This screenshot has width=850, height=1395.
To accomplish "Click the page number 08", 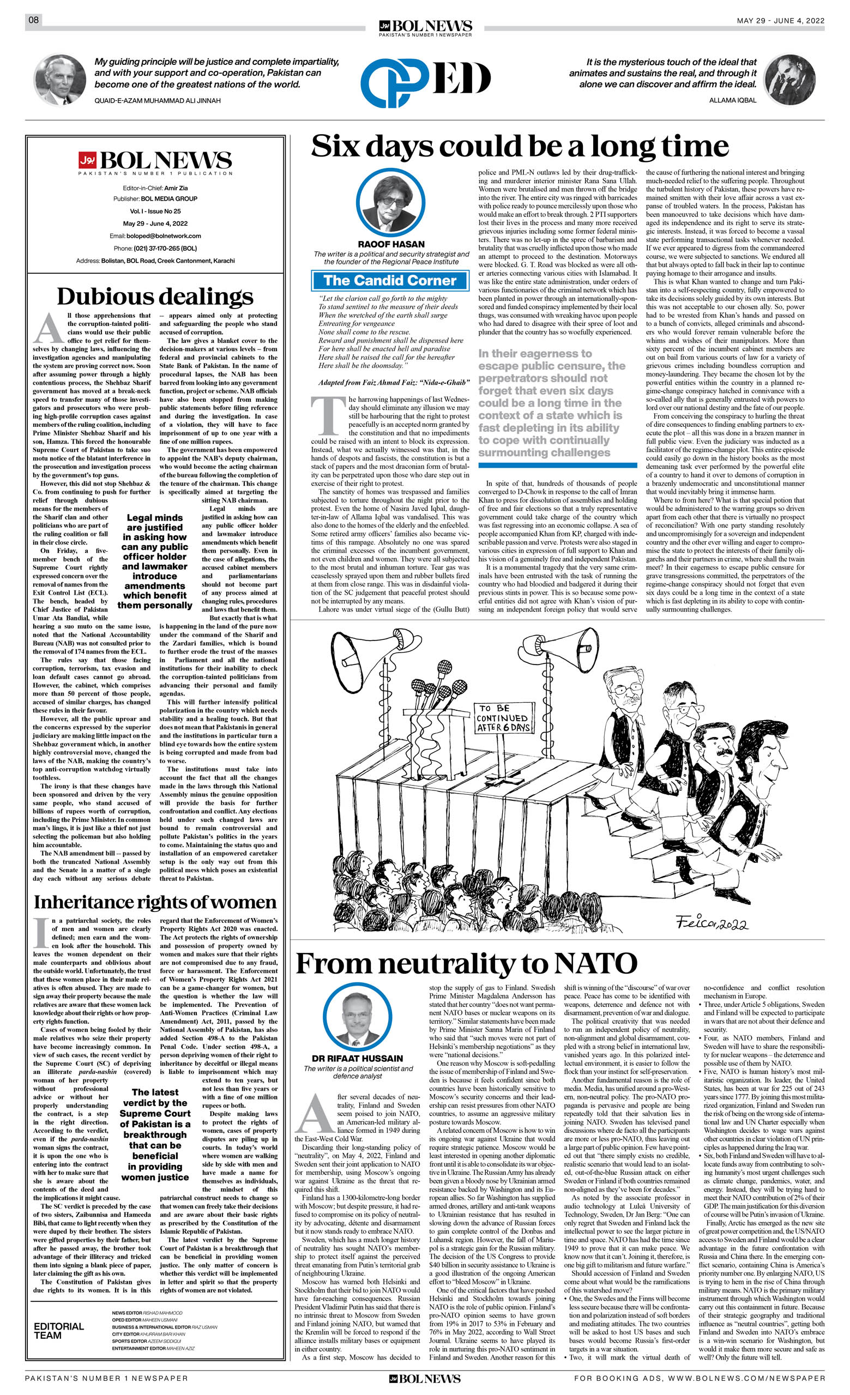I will (x=34, y=20).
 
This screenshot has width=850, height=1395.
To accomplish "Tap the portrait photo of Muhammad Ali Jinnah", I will (x=60, y=80).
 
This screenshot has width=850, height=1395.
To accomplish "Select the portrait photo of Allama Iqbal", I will (x=789, y=80).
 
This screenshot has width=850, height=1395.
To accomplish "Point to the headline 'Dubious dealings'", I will (x=155, y=297).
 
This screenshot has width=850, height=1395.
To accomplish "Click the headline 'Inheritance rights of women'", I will (x=155, y=902).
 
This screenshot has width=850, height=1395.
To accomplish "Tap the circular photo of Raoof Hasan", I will (x=390, y=203).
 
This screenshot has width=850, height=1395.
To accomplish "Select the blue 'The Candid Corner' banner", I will (x=390, y=280).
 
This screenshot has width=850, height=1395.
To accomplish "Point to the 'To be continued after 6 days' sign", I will (x=503, y=718).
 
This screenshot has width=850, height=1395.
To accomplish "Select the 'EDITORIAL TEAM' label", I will (x=59, y=1331).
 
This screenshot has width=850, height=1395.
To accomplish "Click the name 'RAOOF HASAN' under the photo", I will (x=390, y=244).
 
